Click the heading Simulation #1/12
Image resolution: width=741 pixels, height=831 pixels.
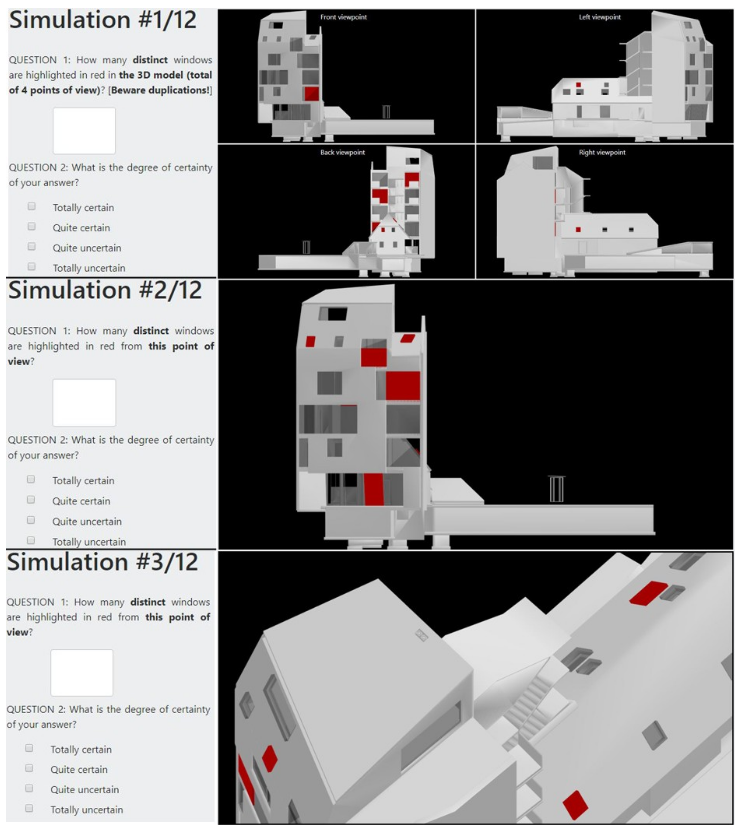[103, 20]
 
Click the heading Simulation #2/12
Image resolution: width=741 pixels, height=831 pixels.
[105, 290]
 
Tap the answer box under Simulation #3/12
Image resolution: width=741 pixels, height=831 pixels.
[82, 673]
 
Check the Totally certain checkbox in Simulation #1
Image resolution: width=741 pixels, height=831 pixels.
[31, 206]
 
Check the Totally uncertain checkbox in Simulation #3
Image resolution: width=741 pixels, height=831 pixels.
[29, 808]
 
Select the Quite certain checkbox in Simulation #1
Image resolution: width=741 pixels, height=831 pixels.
[31, 226]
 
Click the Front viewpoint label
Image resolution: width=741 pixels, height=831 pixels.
[343, 17]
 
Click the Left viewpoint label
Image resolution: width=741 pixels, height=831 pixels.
[600, 17]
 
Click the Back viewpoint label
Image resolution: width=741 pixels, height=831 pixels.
[342, 153]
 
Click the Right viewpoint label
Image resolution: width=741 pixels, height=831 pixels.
[602, 153]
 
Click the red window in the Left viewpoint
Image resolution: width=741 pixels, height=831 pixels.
[578, 85]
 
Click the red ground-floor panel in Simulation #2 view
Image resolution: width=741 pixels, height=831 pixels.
[373, 489]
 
